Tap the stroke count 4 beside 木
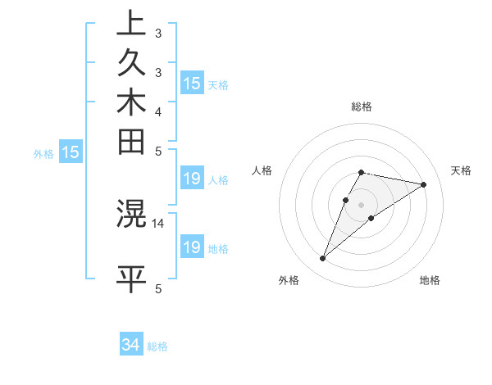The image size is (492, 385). tap(158, 111)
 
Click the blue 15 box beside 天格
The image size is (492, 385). tap(192, 84)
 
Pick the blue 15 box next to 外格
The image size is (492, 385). tap(71, 152)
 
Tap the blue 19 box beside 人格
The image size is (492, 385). tap(192, 179)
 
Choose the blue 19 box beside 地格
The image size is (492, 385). tap(192, 247)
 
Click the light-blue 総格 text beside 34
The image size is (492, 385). tap(157, 346)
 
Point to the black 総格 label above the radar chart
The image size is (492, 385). tap(361, 106)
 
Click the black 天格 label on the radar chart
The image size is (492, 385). tap(461, 170)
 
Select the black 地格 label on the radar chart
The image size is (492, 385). tap(430, 280)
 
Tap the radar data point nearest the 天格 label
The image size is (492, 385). tap(423, 184)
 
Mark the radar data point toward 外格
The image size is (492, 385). tap(322, 259)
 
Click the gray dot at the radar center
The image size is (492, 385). tap(361, 204)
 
